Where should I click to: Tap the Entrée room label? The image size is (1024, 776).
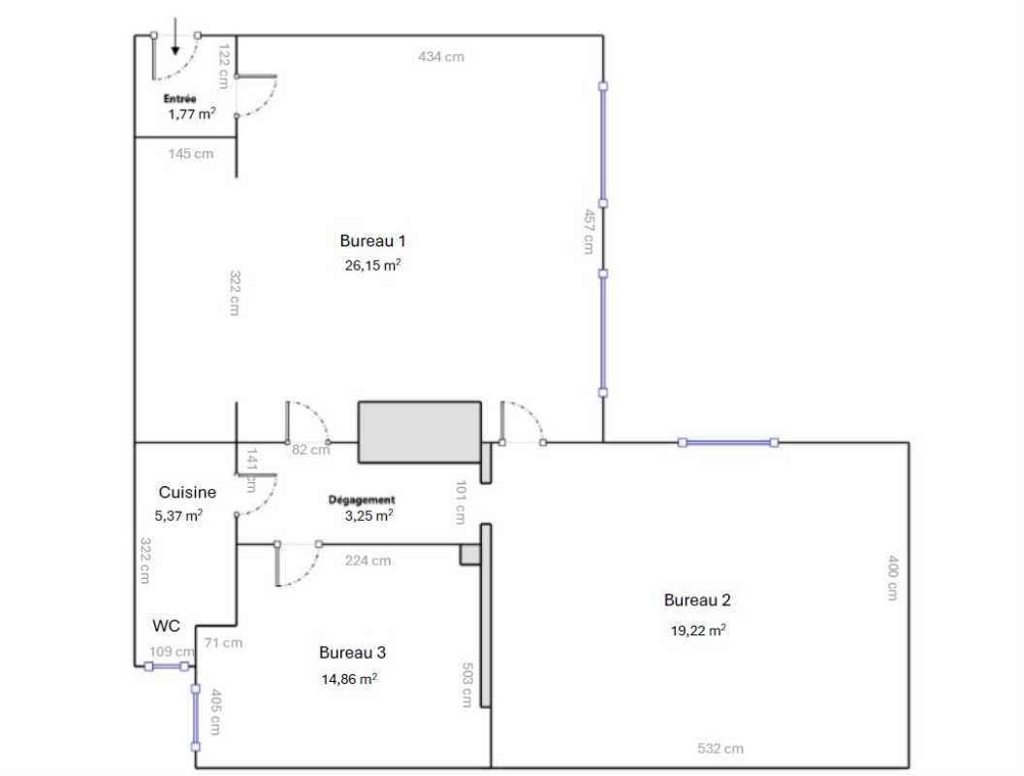click(180, 98)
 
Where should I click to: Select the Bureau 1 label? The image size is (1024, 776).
click(372, 241)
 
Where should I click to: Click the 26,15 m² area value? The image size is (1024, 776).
click(373, 265)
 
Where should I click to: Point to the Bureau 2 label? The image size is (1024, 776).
click(697, 600)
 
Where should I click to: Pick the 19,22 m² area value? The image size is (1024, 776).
click(698, 630)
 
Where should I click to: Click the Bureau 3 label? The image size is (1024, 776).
click(352, 652)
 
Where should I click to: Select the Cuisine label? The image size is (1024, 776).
click(187, 492)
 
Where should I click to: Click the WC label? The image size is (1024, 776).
click(166, 627)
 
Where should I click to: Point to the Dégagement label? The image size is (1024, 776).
click(362, 501)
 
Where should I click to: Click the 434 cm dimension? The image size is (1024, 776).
click(440, 56)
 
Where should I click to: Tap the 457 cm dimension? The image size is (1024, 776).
click(589, 231)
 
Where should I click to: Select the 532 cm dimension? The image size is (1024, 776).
click(720, 748)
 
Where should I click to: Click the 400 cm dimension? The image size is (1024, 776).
click(892, 577)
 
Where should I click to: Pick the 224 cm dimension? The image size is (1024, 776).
click(368, 560)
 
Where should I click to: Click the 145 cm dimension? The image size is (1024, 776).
click(191, 153)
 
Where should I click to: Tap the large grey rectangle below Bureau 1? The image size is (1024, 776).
click(419, 431)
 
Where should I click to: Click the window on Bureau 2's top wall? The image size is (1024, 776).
click(728, 442)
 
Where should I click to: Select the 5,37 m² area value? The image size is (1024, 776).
click(180, 516)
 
